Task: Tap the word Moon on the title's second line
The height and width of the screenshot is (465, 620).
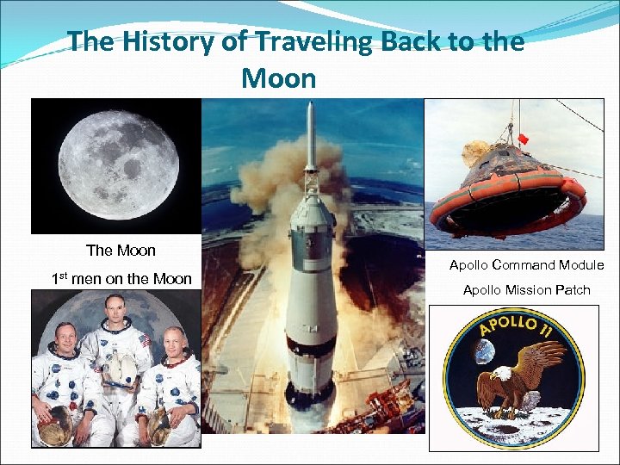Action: coord(279,79)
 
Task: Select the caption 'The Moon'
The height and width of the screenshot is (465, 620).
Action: coord(121,251)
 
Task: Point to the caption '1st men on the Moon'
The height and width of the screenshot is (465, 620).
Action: coord(121,278)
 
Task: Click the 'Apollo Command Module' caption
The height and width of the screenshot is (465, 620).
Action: coord(526,265)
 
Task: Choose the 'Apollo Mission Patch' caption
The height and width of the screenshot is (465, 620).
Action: coord(526,290)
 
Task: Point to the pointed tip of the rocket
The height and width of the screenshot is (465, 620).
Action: coord(311,107)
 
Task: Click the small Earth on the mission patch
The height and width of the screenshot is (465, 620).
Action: coord(483,351)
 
